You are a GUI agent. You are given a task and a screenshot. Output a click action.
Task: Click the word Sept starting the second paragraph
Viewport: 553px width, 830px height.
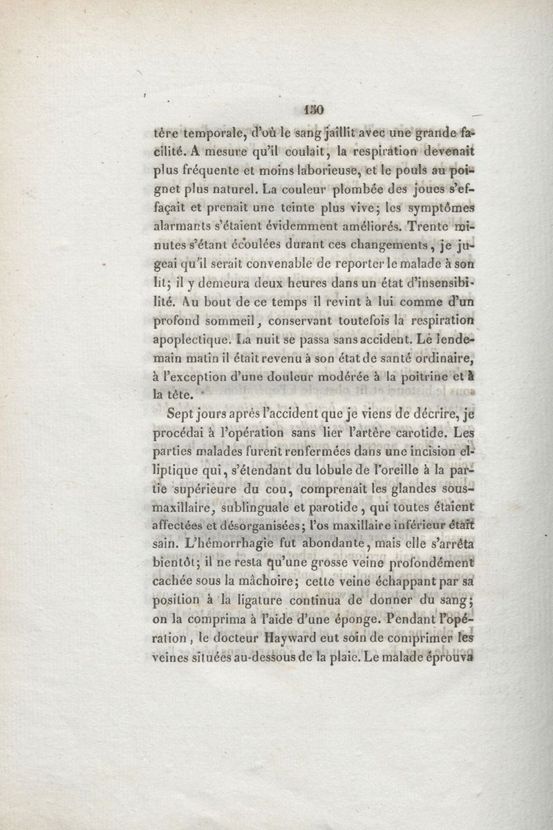(x=180, y=415)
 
